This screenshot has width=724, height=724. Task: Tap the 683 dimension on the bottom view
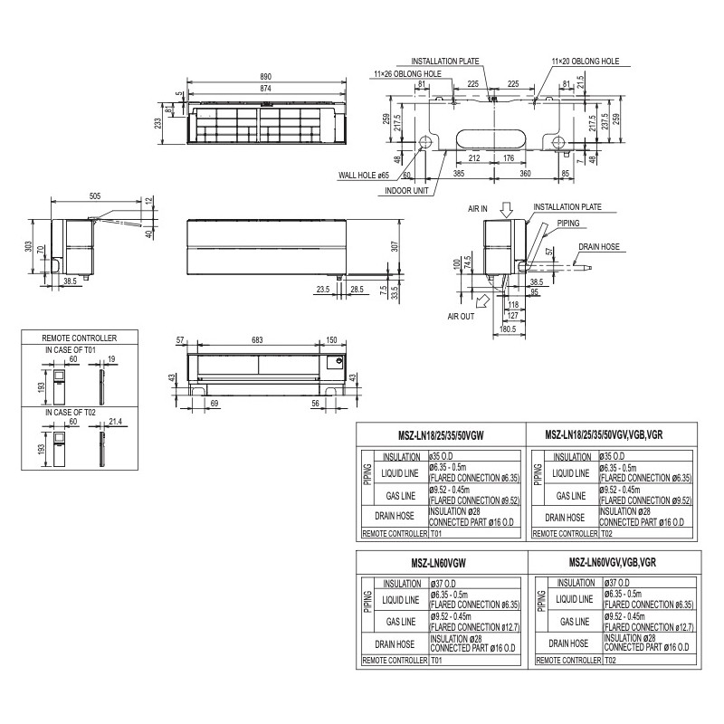(x=257, y=340)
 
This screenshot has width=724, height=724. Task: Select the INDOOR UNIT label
(x=406, y=191)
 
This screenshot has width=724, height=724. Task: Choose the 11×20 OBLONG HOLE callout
(x=585, y=61)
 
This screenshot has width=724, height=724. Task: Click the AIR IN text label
(x=478, y=208)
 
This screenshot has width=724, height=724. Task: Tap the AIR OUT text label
(x=461, y=318)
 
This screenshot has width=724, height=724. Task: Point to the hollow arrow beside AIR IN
(x=507, y=210)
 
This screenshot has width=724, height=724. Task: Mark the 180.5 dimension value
(x=507, y=329)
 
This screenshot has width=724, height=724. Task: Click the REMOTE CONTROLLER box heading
(x=80, y=337)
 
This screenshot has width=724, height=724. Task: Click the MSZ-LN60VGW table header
(x=442, y=562)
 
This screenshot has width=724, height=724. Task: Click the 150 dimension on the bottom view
(x=331, y=340)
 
